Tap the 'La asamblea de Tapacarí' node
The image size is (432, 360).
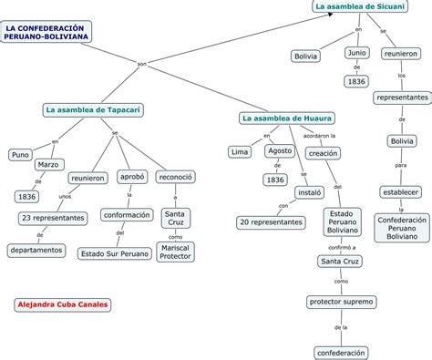click(93, 110)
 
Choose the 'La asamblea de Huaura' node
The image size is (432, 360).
click(286, 118)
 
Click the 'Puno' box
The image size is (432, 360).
click(21, 155)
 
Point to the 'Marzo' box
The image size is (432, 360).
click(49, 165)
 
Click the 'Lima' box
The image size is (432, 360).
click(240, 151)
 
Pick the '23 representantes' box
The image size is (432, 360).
click(53, 218)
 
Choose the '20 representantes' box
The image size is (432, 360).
click(270, 221)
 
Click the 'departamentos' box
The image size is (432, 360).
click(36, 250)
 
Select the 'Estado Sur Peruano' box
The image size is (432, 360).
click(115, 253)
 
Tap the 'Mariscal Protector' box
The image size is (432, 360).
click(175, 252)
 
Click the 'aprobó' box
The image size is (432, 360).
click(132, 178)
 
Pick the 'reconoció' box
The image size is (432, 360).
click(175, 178)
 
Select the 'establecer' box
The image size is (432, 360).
click(401, 193)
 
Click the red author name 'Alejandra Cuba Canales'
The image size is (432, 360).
click(63, 304)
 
